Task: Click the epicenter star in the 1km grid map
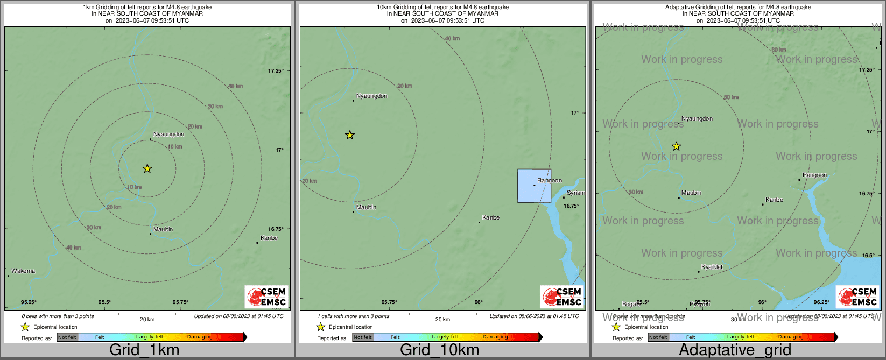147,169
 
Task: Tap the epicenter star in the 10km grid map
350,135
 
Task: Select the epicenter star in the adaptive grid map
677,146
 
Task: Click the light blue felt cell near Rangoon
534,186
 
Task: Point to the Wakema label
23,271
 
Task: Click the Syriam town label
575,193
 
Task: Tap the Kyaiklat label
712,267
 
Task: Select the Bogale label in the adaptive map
630,304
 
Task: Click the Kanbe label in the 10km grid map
491,218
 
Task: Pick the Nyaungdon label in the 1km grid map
168,135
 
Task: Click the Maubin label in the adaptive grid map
691,193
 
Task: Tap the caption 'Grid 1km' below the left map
144,350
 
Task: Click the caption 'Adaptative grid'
735,350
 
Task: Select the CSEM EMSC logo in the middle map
562,297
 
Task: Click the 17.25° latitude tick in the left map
276,71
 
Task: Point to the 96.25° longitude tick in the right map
821,302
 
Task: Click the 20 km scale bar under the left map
147,313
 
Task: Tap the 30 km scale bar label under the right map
737,320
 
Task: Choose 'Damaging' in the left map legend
200,337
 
